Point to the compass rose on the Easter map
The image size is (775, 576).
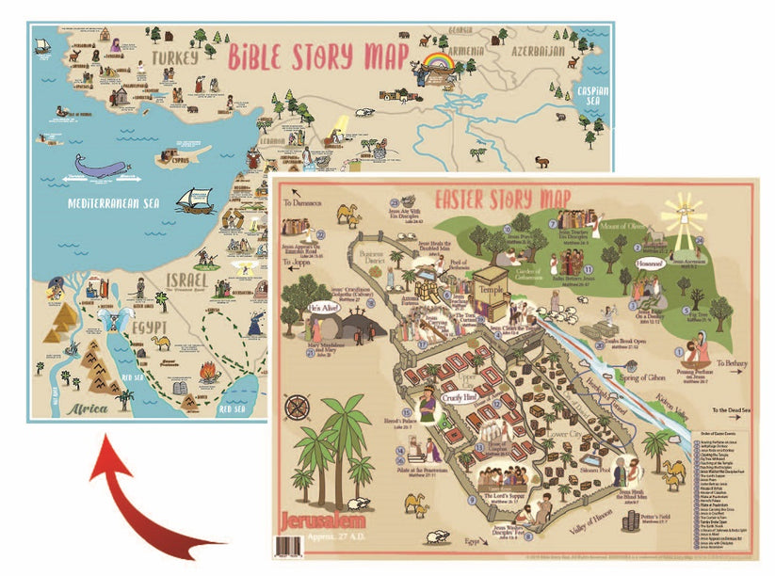pyautogui.click(x=300, y=407)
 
